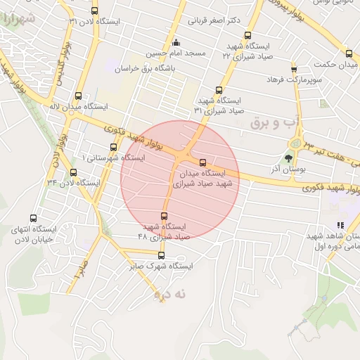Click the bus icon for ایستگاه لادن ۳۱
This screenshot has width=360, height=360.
[95, 11]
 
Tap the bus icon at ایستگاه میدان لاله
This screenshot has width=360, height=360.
[77, 96]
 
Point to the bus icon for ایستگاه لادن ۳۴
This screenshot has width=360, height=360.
[74, 172]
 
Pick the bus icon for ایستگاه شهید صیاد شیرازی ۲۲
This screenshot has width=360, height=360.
[247, 35]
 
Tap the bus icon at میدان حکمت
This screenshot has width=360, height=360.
[349, 54]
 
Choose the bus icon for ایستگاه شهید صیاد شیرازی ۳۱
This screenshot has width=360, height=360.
[219, 90]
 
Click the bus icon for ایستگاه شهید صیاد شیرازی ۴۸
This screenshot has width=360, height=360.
[165, 216]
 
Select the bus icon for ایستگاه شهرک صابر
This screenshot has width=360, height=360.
[161, 255]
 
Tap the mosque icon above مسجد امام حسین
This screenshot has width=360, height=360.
[176, 42]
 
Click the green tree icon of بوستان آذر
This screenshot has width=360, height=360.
[288, 157]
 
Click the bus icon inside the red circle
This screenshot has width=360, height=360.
[203, 162]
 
